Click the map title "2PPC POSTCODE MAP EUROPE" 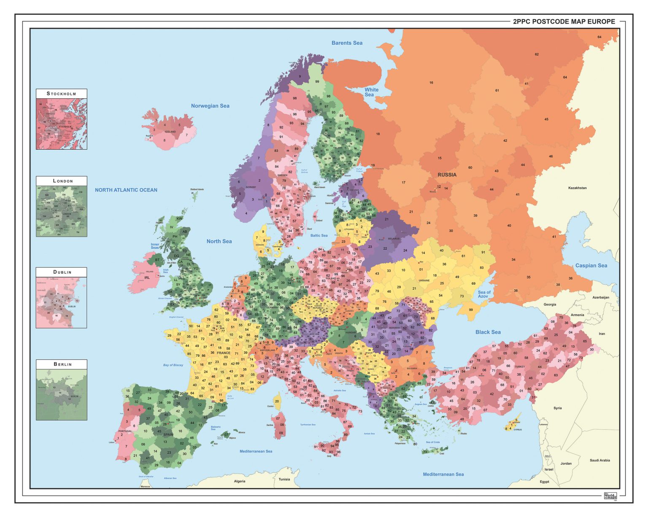(x=564, y=22)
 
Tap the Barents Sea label (x=347, y=43)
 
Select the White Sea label (x=371, y=92)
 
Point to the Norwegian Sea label (x=210, y=106)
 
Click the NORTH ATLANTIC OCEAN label (x=126, y=190)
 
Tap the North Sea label (x=219, y=241)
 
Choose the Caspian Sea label (x=591, y=266)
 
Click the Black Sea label (x=488, y=332)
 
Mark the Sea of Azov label (x=484, y=294)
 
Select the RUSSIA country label (x=447, y=175)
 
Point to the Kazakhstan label (x=577, y=188)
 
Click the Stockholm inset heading (x=62, y=94)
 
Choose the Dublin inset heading (x=62, y=272)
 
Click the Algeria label (x=240, y=481)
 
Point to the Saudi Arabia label (x=599, y=460)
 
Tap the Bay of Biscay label (x=173, y=365)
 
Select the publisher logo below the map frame (x=610, y=496)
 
